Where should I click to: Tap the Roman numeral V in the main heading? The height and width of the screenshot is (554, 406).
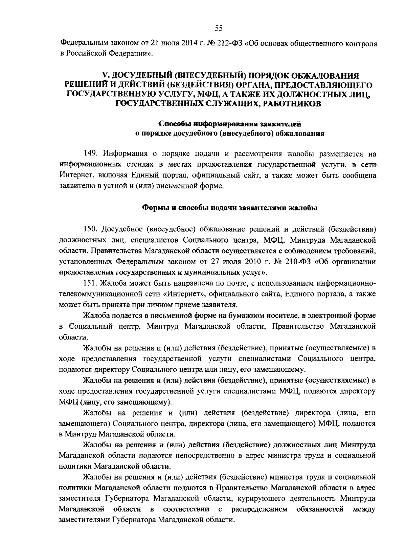(105, 75)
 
